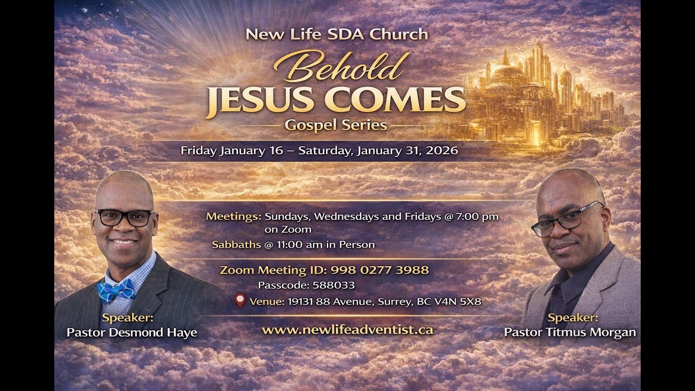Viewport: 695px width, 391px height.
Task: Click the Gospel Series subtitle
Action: point(336,125)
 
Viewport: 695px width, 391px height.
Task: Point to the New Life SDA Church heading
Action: point(337,34)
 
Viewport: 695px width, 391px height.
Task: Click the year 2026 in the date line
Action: point(442,150)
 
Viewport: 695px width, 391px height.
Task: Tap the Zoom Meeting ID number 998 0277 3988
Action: point(380,270)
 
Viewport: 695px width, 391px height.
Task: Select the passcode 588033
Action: point(333,285)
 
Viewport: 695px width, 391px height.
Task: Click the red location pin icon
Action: point(240,300)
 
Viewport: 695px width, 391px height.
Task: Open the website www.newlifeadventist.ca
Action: point(347,330)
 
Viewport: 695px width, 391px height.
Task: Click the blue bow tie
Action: point(116,291)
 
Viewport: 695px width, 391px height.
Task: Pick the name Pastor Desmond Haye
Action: point(132,333)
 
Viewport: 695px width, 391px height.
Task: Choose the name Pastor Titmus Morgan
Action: point(570,332)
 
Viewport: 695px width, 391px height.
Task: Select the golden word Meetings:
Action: point(233,216)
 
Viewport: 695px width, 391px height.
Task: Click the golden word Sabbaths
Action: point(236,245)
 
